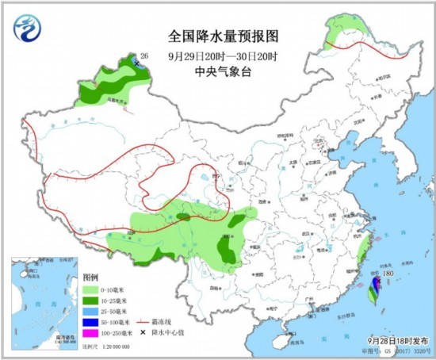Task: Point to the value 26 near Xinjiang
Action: (143, 56)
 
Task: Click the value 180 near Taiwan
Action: (388, 274)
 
